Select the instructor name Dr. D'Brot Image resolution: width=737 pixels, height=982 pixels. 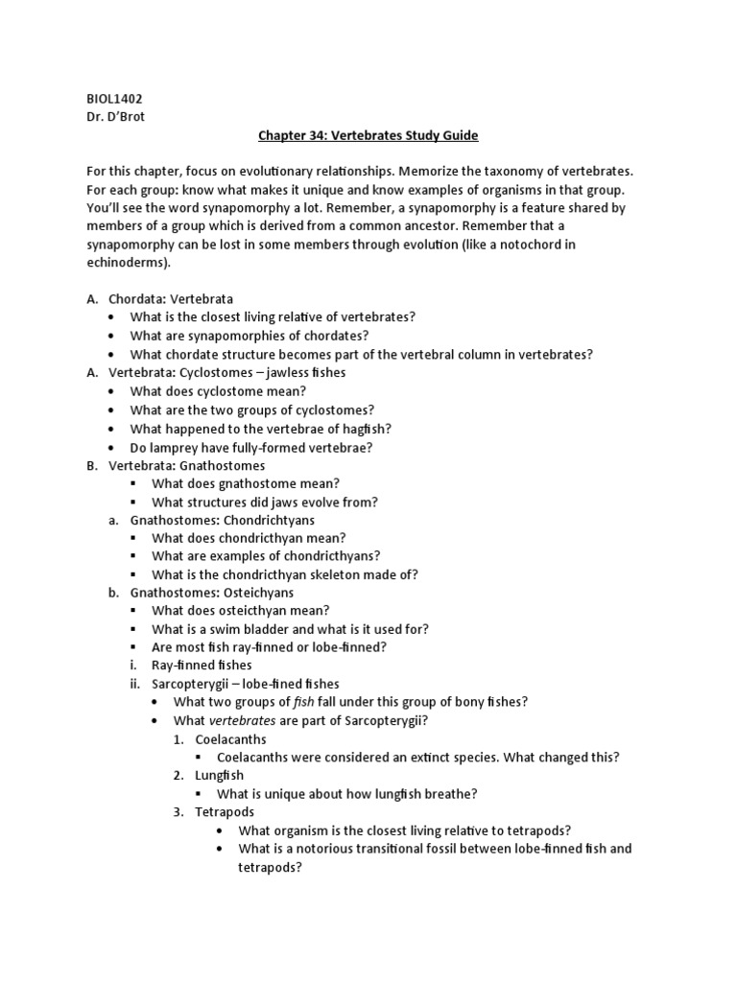pyautogui.click(x=113, y=116)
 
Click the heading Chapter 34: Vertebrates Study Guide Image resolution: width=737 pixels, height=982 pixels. pyautogui.click(x=368, y=135)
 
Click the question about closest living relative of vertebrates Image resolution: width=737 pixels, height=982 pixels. pyautogui.click(x=273, y=317)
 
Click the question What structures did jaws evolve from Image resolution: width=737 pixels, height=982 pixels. pyautogui.click(x=265, y=502)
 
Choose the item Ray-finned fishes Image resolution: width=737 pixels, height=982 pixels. pyautogui.click(x=202, y=666)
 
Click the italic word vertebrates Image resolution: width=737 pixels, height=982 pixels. pyautogui.click(x=244, y=720)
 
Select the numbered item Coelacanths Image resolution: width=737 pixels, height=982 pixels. pyautogui.click(x=230, y=738)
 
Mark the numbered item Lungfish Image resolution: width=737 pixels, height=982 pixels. pyautogui.click(x=219, y=775)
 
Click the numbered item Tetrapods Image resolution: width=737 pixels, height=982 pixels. pyautogui.click(x=225, y=811)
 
